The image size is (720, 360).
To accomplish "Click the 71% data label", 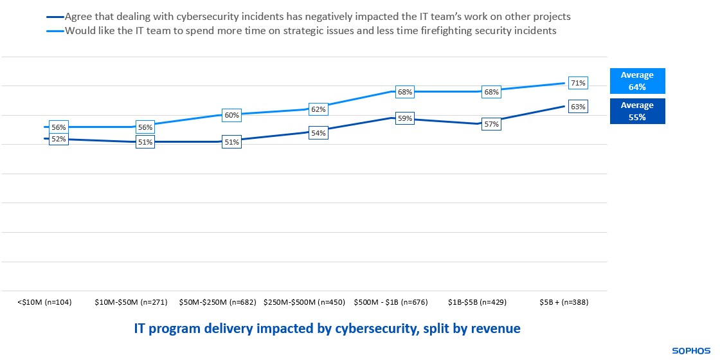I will [578, 83].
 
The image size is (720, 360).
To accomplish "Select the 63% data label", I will [578, 107].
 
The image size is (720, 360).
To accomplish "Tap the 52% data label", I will [59, 139].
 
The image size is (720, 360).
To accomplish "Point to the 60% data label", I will [231, 115].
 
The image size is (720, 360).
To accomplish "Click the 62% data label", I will [318, 109].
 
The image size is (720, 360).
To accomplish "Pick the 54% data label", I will [318, 133].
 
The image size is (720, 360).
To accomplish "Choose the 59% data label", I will [404, 118].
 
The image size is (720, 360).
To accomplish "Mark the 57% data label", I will [492, 124].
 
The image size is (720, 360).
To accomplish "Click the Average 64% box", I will [637, 81].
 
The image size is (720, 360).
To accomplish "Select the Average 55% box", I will [637, 111].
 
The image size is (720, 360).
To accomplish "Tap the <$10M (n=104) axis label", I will [45, 301].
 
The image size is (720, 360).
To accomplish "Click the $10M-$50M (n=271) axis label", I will [131, 301].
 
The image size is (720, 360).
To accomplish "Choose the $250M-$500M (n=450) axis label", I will [303, 301].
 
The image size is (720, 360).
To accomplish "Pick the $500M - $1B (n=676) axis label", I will [390, 301].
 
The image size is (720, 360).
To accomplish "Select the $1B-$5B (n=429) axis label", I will [477, 301].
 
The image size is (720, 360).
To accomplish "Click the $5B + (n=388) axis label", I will [564, 301].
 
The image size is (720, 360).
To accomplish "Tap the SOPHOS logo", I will [691, 351].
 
